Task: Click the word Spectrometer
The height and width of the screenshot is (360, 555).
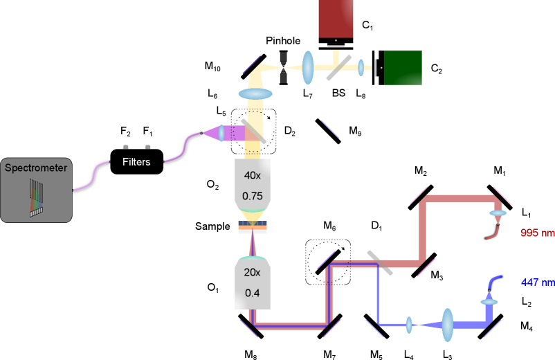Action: coord(36,168)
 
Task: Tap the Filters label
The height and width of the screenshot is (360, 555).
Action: coord(136,162)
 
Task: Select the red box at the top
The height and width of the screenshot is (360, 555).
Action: coord(336,18)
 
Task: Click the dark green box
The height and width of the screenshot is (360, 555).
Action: coord(403,68)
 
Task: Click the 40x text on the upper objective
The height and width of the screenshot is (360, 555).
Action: coord(253,175)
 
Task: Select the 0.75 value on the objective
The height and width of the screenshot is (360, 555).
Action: coord(253,196)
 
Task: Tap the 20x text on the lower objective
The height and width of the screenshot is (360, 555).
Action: coord(253,272)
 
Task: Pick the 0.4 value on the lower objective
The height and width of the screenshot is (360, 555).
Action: coord(253,293)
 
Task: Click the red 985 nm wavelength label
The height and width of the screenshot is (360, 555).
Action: coord(537,233)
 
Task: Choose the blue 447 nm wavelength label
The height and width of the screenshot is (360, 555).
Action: coord(537,282)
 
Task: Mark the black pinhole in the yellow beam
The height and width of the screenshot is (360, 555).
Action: coord(283,68)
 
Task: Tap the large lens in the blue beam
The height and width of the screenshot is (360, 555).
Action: coord(448,324)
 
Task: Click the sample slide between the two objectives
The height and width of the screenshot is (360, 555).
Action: coord(253,227)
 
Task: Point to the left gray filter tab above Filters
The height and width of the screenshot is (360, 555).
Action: coord(125,147)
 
